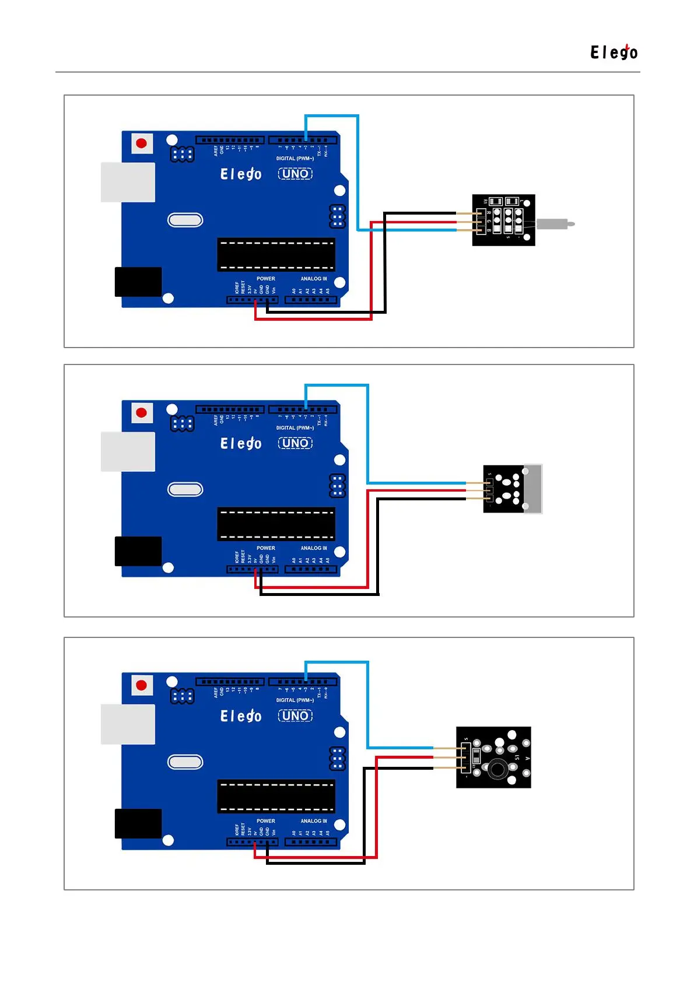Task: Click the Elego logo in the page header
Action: [614, 52]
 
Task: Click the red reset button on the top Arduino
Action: [141, 143]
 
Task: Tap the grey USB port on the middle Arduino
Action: [128, 451]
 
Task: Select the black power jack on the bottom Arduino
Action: [138, 823]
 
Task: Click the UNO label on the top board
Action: [295, 174]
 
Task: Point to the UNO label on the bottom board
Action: [295, 716]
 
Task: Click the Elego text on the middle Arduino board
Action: [240, 444]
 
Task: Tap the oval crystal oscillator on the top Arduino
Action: [185, 220]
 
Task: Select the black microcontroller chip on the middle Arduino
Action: [276, 524]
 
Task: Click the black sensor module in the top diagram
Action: [503, 220]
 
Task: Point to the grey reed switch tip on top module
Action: [555, 223]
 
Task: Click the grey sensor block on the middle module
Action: [533, 489]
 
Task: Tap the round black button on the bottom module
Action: [497, 769]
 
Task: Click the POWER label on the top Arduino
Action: [265, 279]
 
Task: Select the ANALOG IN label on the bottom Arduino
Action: [314, 820]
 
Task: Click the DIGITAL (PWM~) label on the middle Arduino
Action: [295, 428]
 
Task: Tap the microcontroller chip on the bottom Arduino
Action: [276, 796]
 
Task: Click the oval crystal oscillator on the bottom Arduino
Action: [185, 762]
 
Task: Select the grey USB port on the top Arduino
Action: [128, 182]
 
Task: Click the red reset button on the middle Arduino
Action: [141, 413]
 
